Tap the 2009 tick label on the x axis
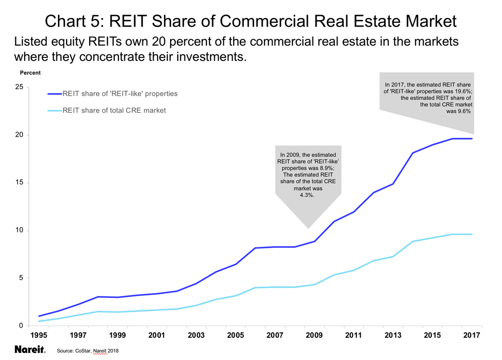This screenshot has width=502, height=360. pyautogui.click(x=314, y=335)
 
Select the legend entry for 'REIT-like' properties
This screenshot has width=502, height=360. pyautogui.click(x=120, y=94)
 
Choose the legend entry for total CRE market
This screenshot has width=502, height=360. pyautogui.click(x=114, y=110)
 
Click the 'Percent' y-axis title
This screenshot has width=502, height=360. pyautogui.click(x=30, y=73)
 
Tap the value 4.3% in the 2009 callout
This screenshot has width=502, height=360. pyautogui.click(x=307, y=195)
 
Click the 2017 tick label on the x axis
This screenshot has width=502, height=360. pyautogui.click(x=471, y=335)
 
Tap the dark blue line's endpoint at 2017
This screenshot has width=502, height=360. pyautogui.click(x=472, y=139)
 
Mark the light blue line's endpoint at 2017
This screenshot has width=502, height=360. pyautogui.click(x=472, y=234)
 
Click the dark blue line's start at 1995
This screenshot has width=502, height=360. pyautogui.click(x=39, y=316)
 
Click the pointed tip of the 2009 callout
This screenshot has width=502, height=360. pyautogui.click(x=307, y=228)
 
